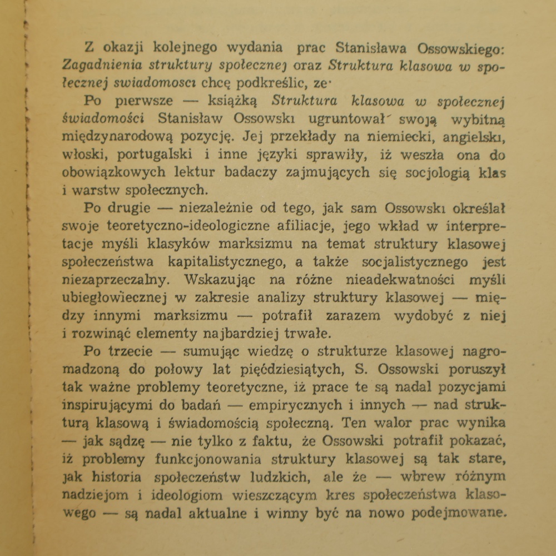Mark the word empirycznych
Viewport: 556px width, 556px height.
point(302,404)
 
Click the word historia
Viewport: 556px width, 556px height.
point(126,476)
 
